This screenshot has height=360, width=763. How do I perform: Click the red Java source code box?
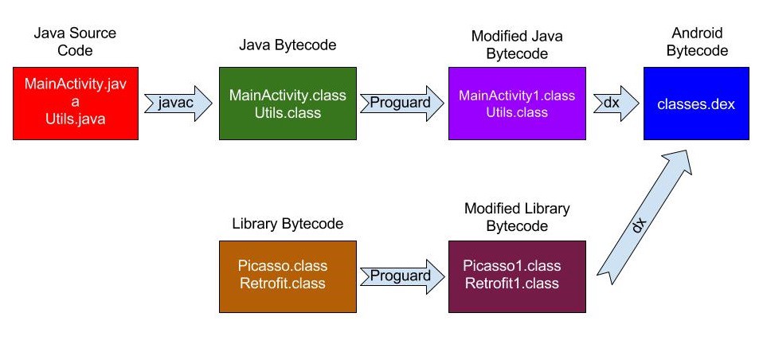pyautogui.click(x=76, y=103)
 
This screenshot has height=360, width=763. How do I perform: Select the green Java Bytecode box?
pyautogui.click(x=288, y=103)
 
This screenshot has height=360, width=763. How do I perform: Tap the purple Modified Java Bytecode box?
pyautogui.click(x=517, y=103)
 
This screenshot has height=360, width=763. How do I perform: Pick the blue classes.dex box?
pyautogui.click(x=696, y=103)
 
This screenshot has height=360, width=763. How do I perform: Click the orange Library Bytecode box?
pyautogui.click(x=288, y=276)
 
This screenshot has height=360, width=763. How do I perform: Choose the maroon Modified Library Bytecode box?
pyautogui.click(x=517, y=276)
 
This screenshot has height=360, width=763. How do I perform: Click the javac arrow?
pyautogui.click(x=178, y=103)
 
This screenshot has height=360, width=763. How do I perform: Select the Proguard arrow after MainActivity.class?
pyautogui.click(x=402, y=103)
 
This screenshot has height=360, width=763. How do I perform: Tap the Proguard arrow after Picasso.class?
pyautogui.click(x=402, y=276)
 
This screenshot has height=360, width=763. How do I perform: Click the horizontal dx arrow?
pyautogui.click(x=616, y=103)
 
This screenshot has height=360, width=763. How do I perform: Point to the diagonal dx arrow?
pyautogui.click(x=645, y=217)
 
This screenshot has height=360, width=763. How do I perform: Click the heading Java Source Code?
pyautogui.click(x=75, y=41)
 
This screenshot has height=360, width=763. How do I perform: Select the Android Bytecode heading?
pyautogui.click(x=697, y=41)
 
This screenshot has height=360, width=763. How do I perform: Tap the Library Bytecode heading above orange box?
pyautogui.click(x=288, y=223)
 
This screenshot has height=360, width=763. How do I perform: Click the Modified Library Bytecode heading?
pyautogui.click(x=517, y=217)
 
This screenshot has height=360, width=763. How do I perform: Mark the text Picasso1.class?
pyautogui.click(x=512, y=266)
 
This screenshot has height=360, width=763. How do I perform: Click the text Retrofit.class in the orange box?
pyautogui.click(x=283, y=283)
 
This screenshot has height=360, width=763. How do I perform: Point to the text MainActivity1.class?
pyautogui.click(x=517, y=96)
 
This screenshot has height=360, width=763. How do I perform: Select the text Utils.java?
pyautogui.click(x=76, y=119)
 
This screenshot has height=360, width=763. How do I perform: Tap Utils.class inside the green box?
pyautogui.click(x=288, y=113)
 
